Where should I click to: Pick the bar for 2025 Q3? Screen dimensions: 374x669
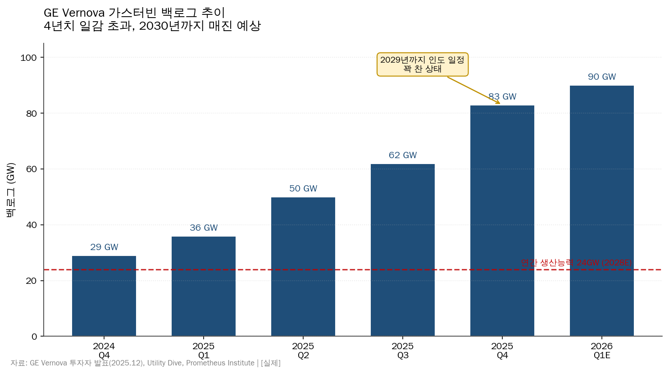403,250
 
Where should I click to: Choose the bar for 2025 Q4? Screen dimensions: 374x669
502,221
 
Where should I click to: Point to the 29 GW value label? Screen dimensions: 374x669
104,247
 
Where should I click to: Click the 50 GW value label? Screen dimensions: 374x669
303,188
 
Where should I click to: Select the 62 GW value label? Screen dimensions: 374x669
403,155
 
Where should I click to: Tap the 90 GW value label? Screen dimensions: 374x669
602,77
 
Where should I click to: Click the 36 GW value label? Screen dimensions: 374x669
204,228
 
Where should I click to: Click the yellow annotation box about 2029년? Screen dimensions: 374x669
422,64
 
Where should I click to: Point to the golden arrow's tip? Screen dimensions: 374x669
500,104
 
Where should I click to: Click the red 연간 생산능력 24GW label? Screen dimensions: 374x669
576,262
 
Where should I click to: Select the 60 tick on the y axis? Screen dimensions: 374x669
31,169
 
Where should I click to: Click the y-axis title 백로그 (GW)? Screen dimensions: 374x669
11,190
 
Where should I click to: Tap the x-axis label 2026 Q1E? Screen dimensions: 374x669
602,351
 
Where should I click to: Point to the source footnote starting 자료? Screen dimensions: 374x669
146,363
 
